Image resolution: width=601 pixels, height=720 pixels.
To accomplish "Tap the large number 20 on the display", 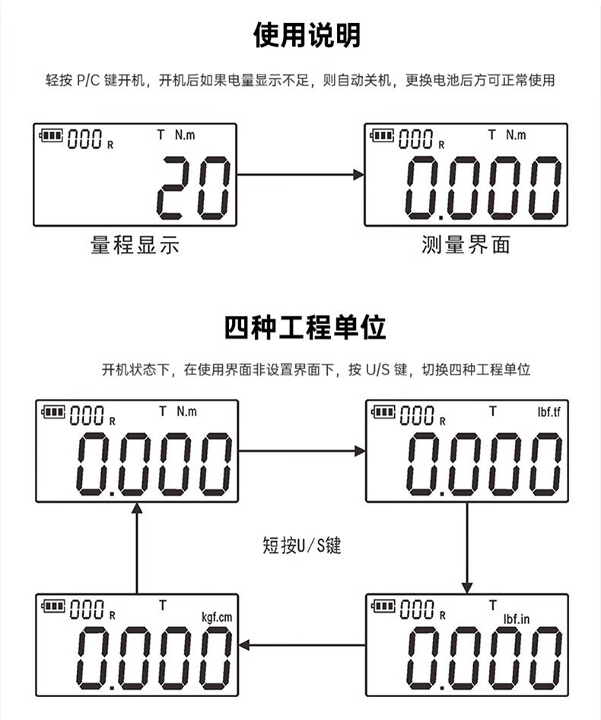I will tap(195, 186).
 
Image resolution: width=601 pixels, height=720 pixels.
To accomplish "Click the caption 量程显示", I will tap(135, 245).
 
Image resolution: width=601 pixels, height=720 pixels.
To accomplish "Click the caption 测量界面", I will tap(466, 245).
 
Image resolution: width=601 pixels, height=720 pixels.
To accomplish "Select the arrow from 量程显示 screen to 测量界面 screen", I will tap(300, 175).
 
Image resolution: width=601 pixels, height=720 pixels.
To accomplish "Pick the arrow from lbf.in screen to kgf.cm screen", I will tap(302, 645).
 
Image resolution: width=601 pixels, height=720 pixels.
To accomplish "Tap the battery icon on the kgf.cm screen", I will tap(54, 605).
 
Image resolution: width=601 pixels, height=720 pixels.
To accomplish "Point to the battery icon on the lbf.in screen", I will tap(383, 605).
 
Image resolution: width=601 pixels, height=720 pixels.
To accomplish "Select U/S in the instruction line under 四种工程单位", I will tap(378, 371).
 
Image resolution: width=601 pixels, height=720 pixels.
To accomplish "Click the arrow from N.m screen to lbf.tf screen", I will tap(302, 451).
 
